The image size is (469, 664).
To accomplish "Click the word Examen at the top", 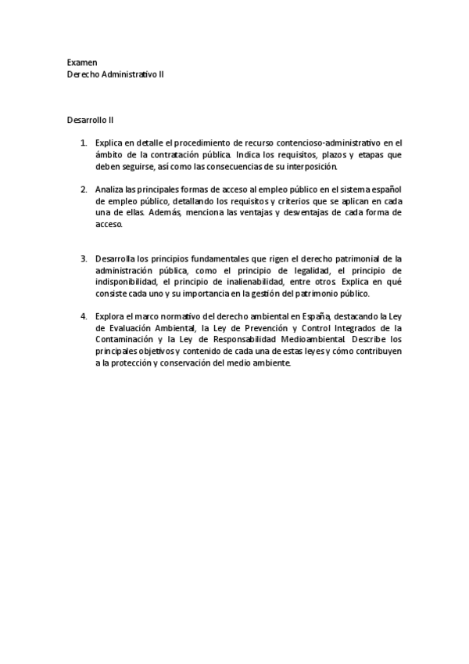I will point(82,61).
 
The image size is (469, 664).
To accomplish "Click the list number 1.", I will point(83,143).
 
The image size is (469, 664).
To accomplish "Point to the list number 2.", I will point(83,189).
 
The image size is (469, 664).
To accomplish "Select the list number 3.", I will point(83,258).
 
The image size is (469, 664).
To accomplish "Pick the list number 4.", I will point(83,316).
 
